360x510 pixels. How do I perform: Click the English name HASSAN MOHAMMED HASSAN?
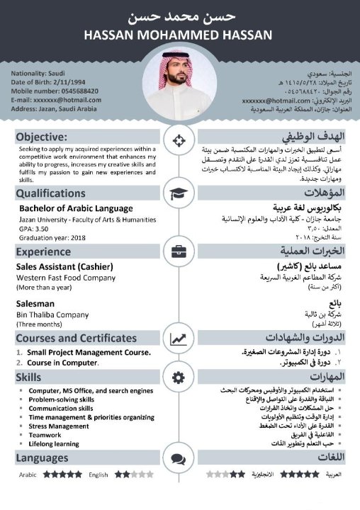point(177,35)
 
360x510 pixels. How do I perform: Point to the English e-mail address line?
point(56,100)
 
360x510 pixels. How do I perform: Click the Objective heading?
point(42,137)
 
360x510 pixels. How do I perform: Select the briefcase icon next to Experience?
point(179,251)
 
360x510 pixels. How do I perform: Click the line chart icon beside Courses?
point(179,339)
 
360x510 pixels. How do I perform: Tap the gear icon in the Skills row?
point(179,376)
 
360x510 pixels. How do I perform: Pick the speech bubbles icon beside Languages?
point(179,458)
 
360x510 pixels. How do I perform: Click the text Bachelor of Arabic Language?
point(76,208)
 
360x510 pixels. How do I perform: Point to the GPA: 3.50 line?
point(35,229)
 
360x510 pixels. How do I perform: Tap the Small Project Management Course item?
point(89,353)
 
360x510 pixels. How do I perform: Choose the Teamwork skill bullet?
point(45,435)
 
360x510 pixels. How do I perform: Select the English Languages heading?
point(42,458)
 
